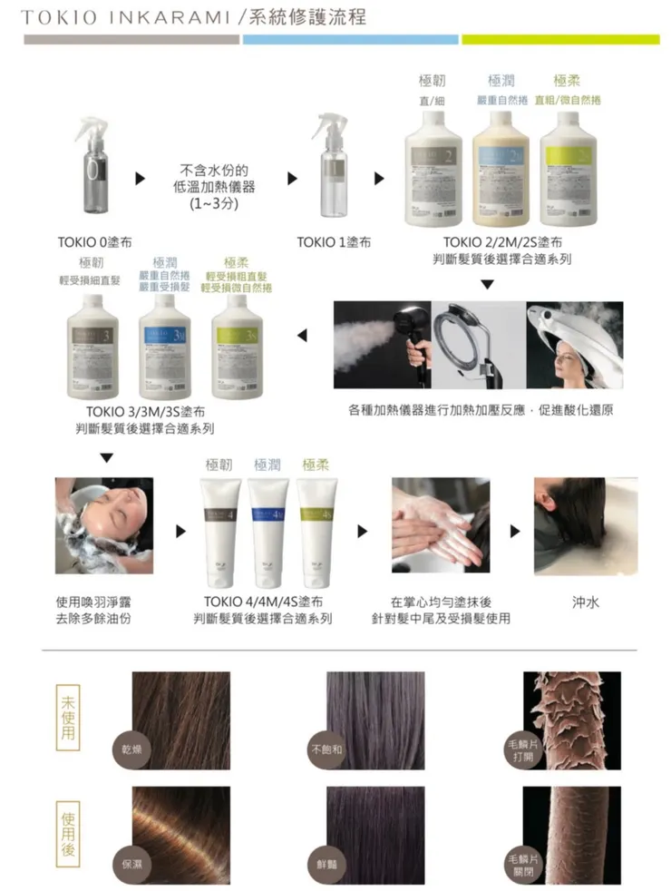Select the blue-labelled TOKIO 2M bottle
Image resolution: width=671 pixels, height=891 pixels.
501,173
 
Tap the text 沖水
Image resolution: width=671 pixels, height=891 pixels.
585,602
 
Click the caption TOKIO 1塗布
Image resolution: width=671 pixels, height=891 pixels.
334,243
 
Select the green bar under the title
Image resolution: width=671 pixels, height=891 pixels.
560,40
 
